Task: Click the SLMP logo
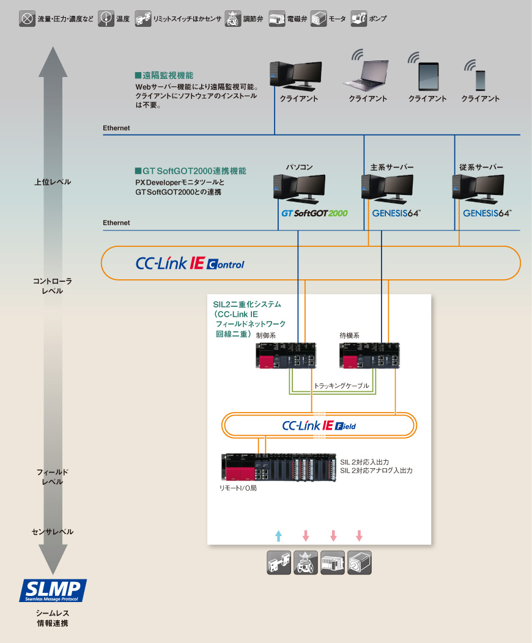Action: [53, 591]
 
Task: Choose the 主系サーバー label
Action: [392, 167]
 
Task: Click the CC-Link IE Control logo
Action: [190, 264]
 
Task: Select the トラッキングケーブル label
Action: [341, 386]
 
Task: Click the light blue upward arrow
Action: [278, 536]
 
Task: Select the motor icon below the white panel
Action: [360, 563]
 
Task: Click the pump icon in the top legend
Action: [359, 19]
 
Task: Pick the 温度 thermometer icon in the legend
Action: [105, 19]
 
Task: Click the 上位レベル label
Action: [53, 182]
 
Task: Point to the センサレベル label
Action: [53, 532]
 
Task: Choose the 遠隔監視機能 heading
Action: [164, 76]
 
